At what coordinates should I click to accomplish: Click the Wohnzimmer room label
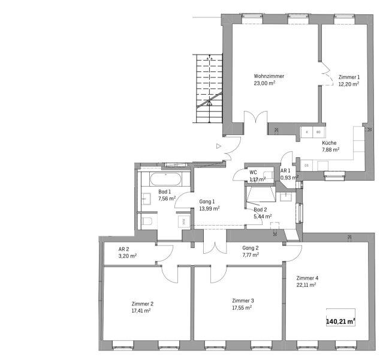click(x=269, y=76)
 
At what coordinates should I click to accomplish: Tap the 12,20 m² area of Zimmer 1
click(x=349, y=84)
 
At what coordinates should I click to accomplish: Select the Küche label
click(x=329, y=143)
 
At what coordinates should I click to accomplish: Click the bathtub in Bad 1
click(x=165, y=179)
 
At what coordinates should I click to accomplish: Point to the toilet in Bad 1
click(x=147, y=221)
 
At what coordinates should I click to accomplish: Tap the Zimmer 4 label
click(x=307, y=278)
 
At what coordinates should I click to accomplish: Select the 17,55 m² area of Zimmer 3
click(x=242, y=308)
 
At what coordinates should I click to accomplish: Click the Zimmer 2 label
click(x=143, y=304)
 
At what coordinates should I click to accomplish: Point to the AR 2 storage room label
click(x=124, y=249)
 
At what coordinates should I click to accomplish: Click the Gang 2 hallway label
click(x=251, y=248)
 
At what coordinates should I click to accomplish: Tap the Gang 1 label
click(x=207, y=202)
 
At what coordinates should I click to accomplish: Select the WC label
click(x=253, y=172)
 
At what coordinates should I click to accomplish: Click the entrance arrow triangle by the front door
click(x=219, y=146)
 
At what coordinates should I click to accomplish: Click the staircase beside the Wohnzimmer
click(x=209, y=89)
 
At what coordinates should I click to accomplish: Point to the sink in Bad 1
click(x=146, y=199)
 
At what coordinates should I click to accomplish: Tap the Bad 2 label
click(x=260, y=210)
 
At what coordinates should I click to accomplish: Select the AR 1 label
click(x=285, y=171)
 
